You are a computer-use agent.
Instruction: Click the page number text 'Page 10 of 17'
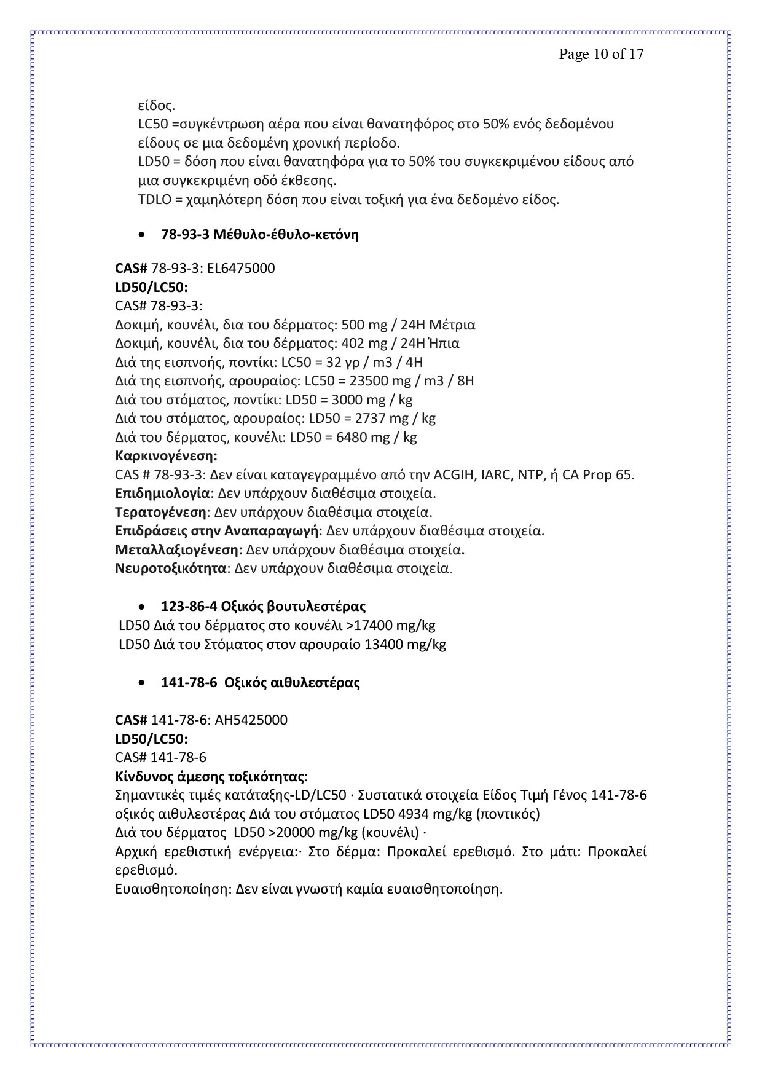tap(601, 54)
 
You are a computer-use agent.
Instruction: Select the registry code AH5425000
tap(251, 720)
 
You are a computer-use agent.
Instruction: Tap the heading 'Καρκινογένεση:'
tap(166, 456)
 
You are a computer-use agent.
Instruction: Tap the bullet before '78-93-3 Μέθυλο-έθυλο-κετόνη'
tap(142, 235)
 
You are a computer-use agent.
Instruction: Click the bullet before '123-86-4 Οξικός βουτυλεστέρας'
tap(142, 607)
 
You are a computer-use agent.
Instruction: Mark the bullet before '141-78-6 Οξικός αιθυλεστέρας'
tap(142, 683)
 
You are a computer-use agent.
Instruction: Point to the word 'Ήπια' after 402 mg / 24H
tap(446, 343)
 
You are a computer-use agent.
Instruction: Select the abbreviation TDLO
tap(153, 200)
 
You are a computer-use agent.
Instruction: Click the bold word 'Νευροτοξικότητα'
tap(171, 568)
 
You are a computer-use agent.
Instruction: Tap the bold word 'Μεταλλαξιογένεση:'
tap(179, 549)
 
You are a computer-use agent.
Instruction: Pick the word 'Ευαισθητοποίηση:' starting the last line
tap(174, 889)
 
